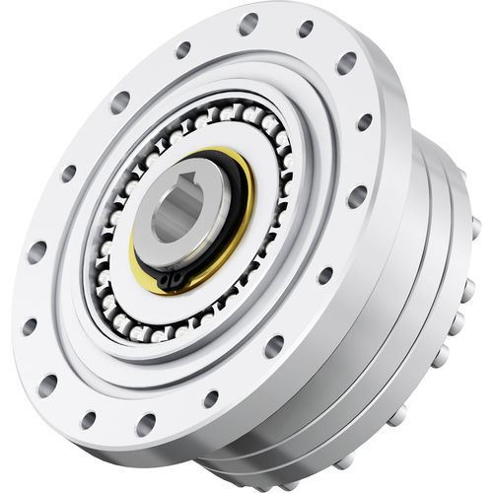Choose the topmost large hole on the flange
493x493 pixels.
pyautogui.click(x=248, y=23)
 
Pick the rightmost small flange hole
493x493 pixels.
pyautogui.click(x=365, y=122)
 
